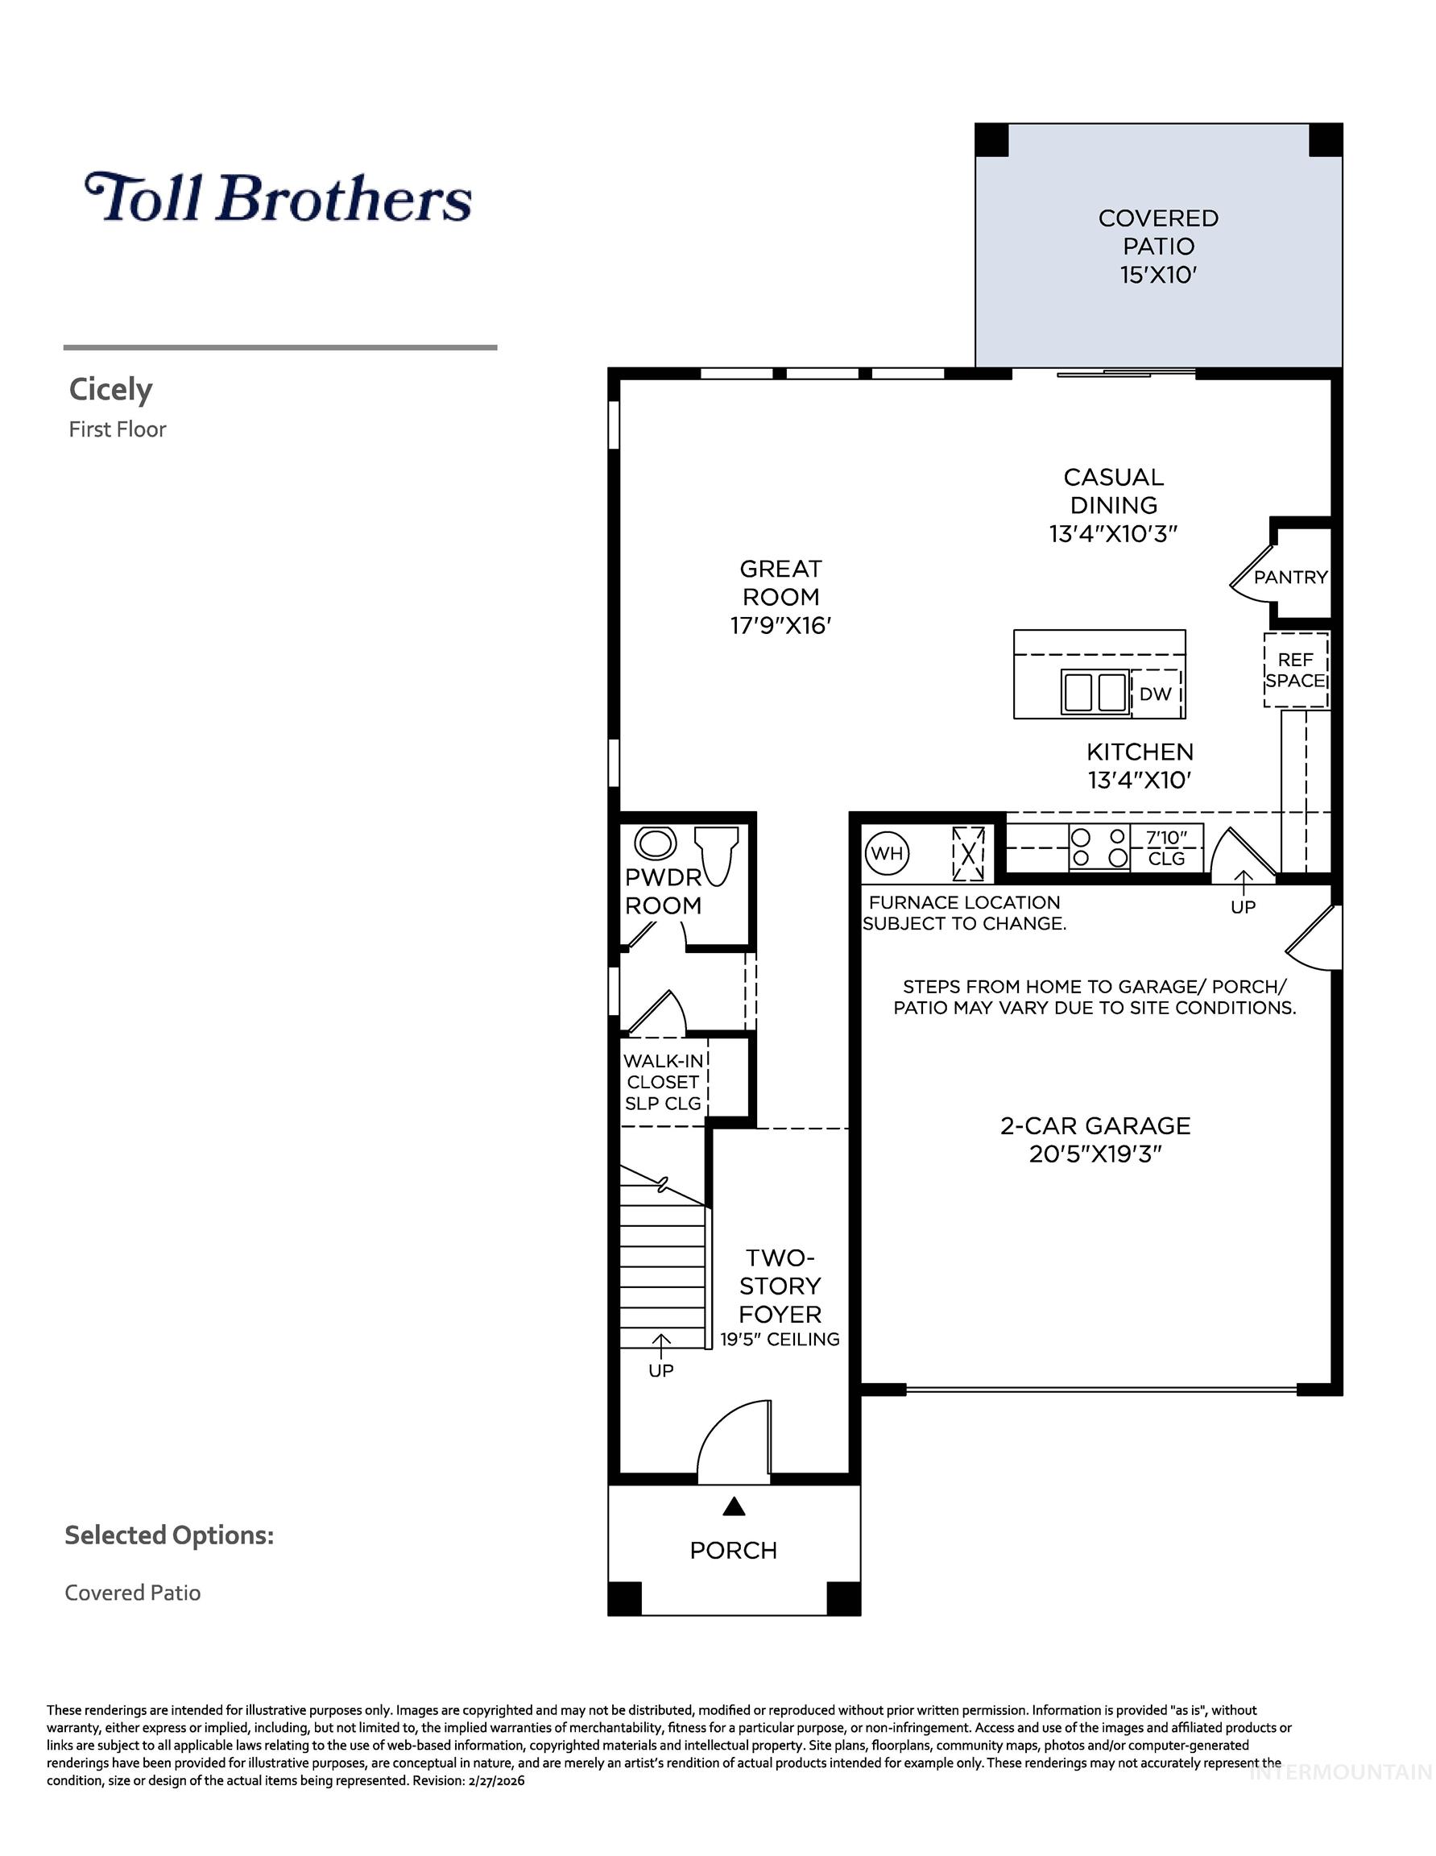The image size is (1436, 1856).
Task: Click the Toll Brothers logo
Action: click(x=278, y=197)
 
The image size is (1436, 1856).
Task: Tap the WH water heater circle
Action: click(x=887, y=852)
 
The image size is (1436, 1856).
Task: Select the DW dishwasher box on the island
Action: click(x=1156, y=694)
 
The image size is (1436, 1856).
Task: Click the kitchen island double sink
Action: click(x=1095, y=691)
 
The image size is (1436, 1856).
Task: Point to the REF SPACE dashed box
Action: click(x=1295, y=669)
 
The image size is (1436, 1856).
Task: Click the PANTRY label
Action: click(x=1291, y=577)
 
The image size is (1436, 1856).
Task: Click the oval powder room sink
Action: click(x=655, y=844)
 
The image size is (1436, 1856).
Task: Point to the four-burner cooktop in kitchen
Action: click(x=1099, y=847)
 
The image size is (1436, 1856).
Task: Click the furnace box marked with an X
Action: click(x=968, y=853)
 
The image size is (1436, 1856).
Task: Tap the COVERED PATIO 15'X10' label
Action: click(x=1158, y=246)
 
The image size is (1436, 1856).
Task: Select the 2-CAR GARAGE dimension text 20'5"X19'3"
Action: click(x=1095, y=1154)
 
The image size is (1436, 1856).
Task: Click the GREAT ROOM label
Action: click(x=780, y=597)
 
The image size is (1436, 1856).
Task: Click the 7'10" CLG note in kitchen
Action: click(x=1166, y=847)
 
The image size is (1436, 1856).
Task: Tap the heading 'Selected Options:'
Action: click(x=169, y=1535)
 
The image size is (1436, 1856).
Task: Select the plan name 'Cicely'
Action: click(x=110, y=389)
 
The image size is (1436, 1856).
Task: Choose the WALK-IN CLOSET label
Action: click(x=663, y=1082)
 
